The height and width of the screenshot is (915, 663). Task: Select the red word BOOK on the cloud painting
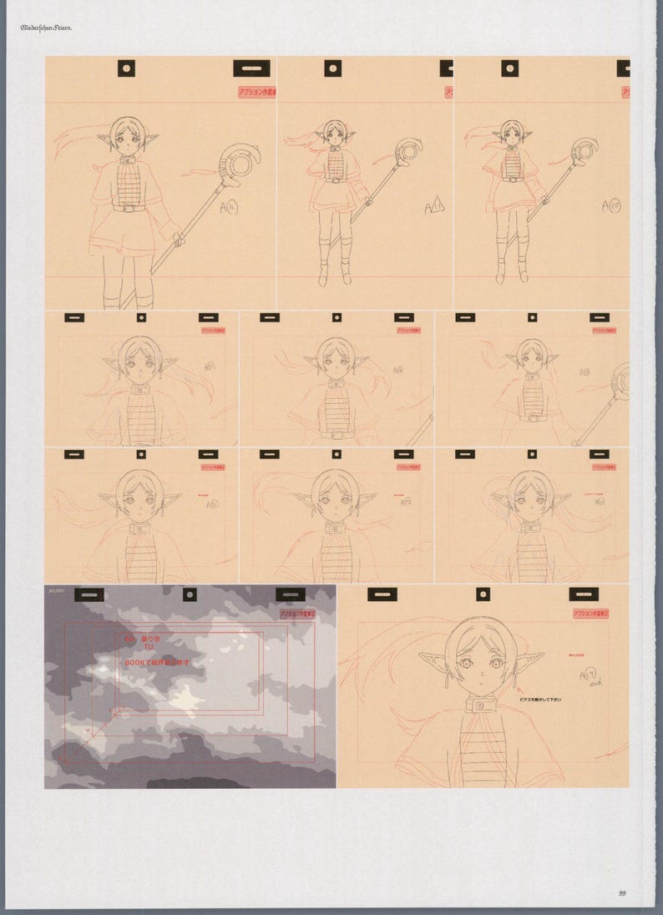(138, 661)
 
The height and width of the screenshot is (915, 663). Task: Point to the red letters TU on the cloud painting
(149, 647)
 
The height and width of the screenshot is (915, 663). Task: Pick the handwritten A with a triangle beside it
(434, 206)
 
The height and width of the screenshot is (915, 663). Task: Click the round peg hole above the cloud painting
(190, 594)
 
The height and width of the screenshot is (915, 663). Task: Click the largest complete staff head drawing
(239, 162)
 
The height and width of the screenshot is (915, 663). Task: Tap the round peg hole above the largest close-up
(483, 594)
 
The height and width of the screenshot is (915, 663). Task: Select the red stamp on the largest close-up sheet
(590, 614)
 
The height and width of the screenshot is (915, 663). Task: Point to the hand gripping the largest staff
(178, 238)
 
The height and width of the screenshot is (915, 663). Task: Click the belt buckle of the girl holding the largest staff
(128, 208)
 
